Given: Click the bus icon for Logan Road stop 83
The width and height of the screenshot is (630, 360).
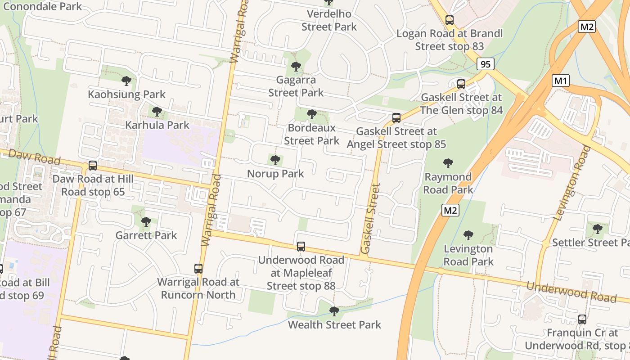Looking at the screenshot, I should (449, 20).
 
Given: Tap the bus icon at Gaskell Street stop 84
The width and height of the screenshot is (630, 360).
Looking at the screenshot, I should (461, 84).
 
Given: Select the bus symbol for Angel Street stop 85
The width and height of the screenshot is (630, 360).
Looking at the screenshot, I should (396, 118).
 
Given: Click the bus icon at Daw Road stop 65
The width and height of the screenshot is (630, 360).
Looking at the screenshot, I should (93, 166).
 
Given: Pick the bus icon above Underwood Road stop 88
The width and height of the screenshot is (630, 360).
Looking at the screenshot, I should (301, 247).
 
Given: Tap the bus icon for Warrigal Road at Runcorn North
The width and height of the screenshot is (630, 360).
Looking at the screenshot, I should (198, 269).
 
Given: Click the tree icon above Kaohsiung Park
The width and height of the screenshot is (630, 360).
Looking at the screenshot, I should (126, 81).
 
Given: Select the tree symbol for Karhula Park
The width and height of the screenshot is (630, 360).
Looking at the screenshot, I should (157, 111).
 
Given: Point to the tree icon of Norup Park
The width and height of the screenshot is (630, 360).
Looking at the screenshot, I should (275, 160).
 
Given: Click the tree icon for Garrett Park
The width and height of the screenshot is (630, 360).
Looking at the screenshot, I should (146, 222).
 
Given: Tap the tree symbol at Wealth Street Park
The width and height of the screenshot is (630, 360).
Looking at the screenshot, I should (334, 311).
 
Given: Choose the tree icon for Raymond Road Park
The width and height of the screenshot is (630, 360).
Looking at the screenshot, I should (448, 163).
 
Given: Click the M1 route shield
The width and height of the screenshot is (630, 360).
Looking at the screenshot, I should (561, 81).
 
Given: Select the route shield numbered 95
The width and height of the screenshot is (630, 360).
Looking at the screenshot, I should (485, 64).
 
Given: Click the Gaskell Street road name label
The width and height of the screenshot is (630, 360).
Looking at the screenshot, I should (371, 218).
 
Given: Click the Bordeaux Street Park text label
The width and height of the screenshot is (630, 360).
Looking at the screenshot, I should (311, 135).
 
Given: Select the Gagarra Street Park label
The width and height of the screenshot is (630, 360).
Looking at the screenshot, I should (296, 86).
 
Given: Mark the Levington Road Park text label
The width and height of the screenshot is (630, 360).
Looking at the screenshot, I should (468, 255).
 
